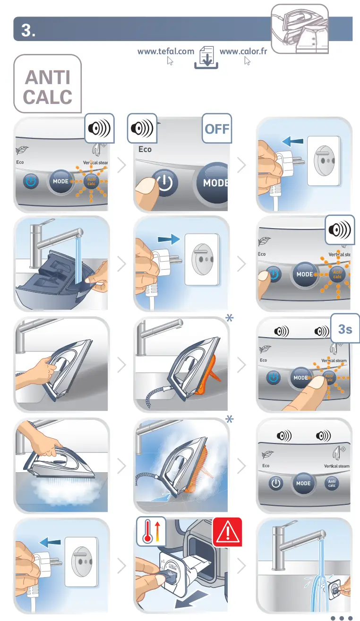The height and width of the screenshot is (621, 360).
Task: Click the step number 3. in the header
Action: pyautogui.click(x=28, y=30)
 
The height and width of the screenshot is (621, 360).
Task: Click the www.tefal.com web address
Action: pyautogui.click(x=165, y=51)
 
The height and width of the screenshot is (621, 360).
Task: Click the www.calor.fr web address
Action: pyautogui.click(x=243, y=51)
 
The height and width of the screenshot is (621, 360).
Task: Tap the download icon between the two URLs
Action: pyautogui.click(x=206, y=58)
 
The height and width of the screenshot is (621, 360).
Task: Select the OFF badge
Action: pyautogui.click(x=217, y=128)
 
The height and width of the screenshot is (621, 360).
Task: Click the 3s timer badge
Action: pyautogui.click(x=345, y=329)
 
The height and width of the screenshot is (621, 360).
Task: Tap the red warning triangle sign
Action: pyautogui.click(x=227, y=533)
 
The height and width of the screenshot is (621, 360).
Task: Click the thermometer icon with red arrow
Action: pyautogui.click(x=150, y=533)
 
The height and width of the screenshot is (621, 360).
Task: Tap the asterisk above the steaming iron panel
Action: pyautogui.click(x=229, y=420)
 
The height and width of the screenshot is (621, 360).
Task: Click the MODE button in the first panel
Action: pyautogui.click(x=60, y=181)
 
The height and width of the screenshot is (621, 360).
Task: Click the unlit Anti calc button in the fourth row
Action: pyautogui.click(x=332, y=483)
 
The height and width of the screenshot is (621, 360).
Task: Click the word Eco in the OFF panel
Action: pyautogui.click(x=145, y=149)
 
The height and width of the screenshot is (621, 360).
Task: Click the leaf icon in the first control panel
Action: pyautogui.click(x=22, y=150)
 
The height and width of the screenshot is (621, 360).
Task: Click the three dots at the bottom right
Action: pyautogui.click(x=342, y=617)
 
